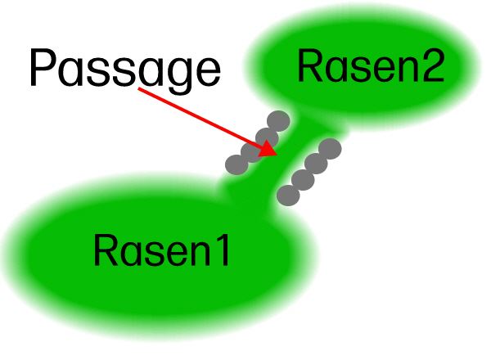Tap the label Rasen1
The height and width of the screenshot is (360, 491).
pyautogui.click(x=162, y=250)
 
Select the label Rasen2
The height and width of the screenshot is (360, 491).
pyautogui.click(x=371, y=66)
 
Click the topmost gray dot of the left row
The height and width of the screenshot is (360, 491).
pyautogui.click(x=278, y=121)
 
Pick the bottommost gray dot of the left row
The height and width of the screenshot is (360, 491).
pyautogui.click(x=236, y=164)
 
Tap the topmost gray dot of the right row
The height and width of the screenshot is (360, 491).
pyautogui.click(x=329, y=149)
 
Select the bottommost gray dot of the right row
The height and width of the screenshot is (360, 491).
pyautogui.click(x=288, y=195)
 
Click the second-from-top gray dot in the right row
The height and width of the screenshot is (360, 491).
pyautogui.click(x=317, y=164)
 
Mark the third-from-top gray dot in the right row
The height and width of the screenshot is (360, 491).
pyautogui.click(x=303, y=179)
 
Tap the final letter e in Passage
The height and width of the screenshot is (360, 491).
pyautogui.click(x=206, y=71)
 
